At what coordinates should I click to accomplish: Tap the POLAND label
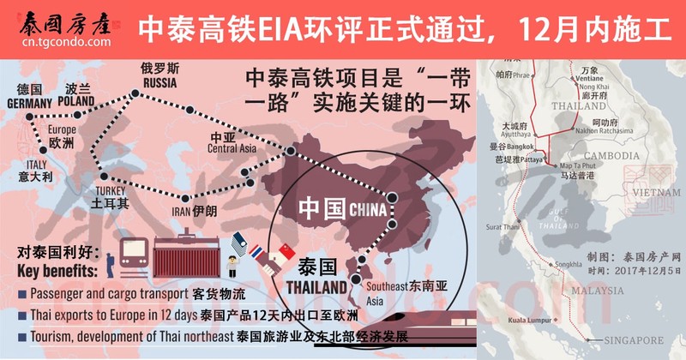(x=78, y=100)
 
